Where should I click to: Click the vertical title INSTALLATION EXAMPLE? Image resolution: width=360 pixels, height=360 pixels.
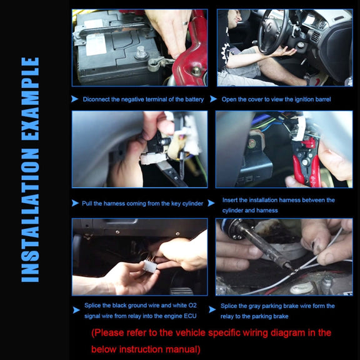click(x=30, y=169)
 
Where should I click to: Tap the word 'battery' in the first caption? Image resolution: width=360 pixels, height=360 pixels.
click(x=194, y=99)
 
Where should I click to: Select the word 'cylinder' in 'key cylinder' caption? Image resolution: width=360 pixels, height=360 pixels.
click(x=192, y=204)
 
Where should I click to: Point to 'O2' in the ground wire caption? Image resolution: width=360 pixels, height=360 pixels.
click(x=192, y=306)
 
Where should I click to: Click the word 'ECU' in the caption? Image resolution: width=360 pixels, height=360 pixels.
click(x=190, y=316)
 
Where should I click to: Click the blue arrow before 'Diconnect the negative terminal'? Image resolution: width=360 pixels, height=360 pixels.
click(x=74, y=99)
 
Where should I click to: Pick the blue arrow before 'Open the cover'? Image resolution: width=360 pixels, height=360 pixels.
click(x=214, y=99)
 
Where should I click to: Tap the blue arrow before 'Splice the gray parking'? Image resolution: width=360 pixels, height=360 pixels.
click(x=212, y=309)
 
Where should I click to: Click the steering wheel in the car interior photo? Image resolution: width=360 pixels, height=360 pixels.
click(x=273, y=31)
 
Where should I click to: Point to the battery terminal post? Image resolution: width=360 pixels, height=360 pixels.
click(x=141, y=52)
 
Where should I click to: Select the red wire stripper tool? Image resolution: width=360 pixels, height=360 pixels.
click(x=306, y=161)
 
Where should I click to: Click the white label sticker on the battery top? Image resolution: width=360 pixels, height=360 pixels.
click(x=96, y=44)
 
